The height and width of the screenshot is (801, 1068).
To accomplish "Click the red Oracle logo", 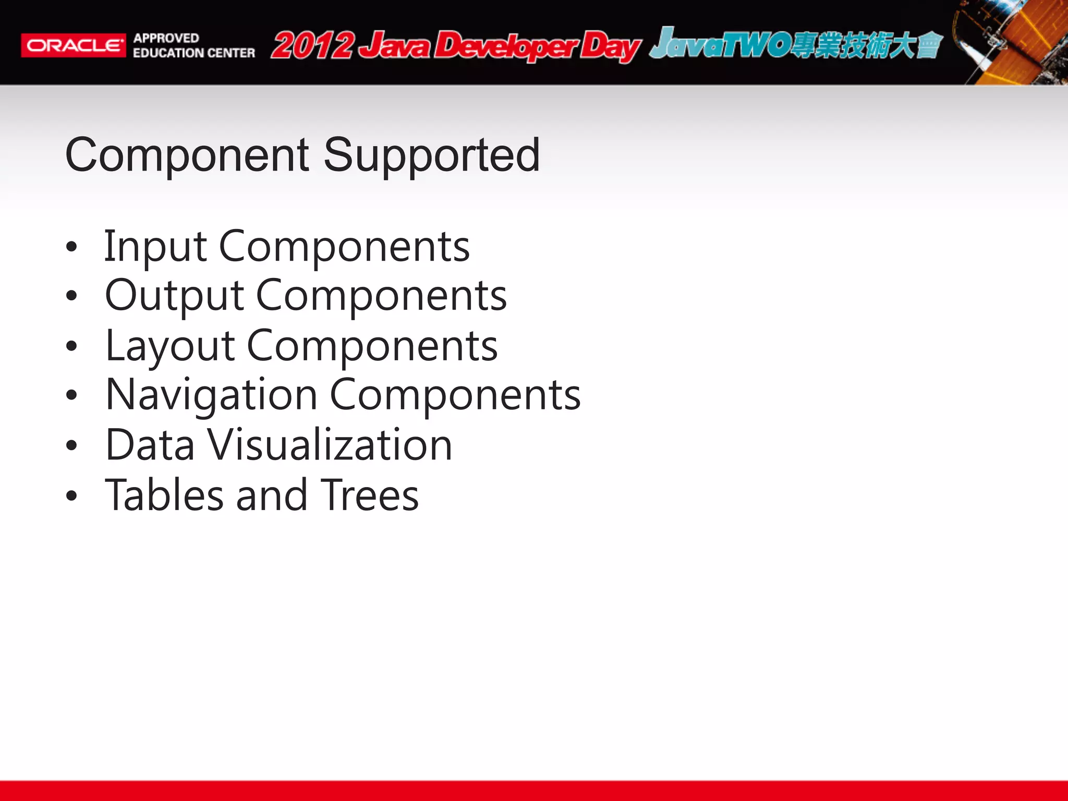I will pyautogui.click(x=73, y=45).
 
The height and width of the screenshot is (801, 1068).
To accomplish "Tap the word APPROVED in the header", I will pyautogui.click(x=166, y=38).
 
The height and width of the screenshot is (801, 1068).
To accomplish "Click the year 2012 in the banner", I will pyautogui.click(x=313, y=46).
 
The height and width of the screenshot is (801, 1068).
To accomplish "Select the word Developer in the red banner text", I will pyautogui.click(x=506, y=46).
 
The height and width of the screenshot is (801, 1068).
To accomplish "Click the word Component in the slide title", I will pyautogui.click(x=187, y=155).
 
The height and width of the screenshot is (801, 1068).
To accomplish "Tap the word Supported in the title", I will pyautogui.click(x=431, y=155).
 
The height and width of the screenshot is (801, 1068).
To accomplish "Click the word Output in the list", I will pyautogui.click(x=174, y=296).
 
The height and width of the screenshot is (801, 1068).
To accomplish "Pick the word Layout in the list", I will pyautogui.click(x=170, y=346).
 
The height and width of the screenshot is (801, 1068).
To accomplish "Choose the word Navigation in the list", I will pyautogui.click(x=211, y=395).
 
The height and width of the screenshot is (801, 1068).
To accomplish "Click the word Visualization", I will pyautogui.click(x=330, y=445).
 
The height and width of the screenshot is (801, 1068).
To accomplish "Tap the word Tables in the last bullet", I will pyautogui.click(x=164, y=495).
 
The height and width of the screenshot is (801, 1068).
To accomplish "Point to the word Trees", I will pyautogui.click(x=369, y=495).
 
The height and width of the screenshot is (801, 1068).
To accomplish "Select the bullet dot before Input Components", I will pyautogui.click(x=71, y=247).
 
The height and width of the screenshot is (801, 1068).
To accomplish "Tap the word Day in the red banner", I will pyautogui.click(x=610, y=47).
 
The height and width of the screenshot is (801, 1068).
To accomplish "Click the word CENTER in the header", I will pyautogui.click(x=231, y=53).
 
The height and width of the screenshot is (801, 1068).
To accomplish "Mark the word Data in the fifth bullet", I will pyautogui.click(x=150, y=445).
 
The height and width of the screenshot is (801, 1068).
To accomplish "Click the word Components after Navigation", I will pyautogui.click(x=455, y=395).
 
